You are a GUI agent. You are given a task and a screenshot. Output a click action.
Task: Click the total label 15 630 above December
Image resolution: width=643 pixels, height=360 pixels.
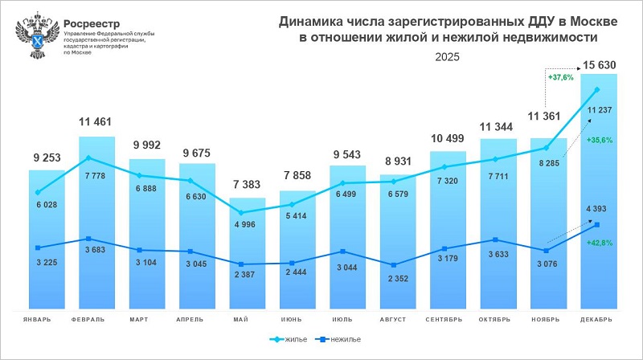(x=600, y=64)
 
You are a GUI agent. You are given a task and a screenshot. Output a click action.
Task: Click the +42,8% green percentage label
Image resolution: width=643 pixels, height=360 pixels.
(x=600, y=242)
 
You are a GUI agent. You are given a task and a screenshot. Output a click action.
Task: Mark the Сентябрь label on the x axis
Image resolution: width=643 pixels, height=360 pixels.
(x=445, y=320)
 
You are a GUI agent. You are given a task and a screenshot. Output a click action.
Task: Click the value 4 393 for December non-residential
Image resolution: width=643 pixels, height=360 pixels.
(x=600, y=209)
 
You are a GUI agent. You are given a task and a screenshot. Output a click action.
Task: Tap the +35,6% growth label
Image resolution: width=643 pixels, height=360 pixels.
(x=600, y=140)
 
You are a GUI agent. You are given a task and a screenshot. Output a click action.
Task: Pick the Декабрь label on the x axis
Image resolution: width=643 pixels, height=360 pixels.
(x=596, y=320)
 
